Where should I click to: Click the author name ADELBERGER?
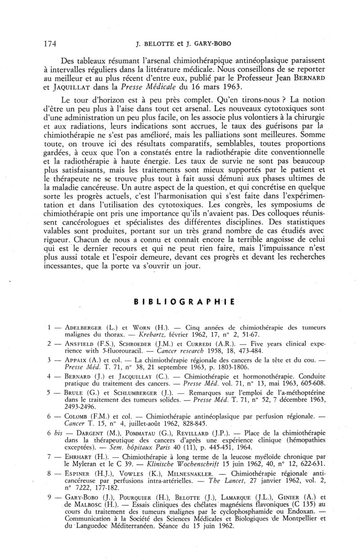click(83, 327)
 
